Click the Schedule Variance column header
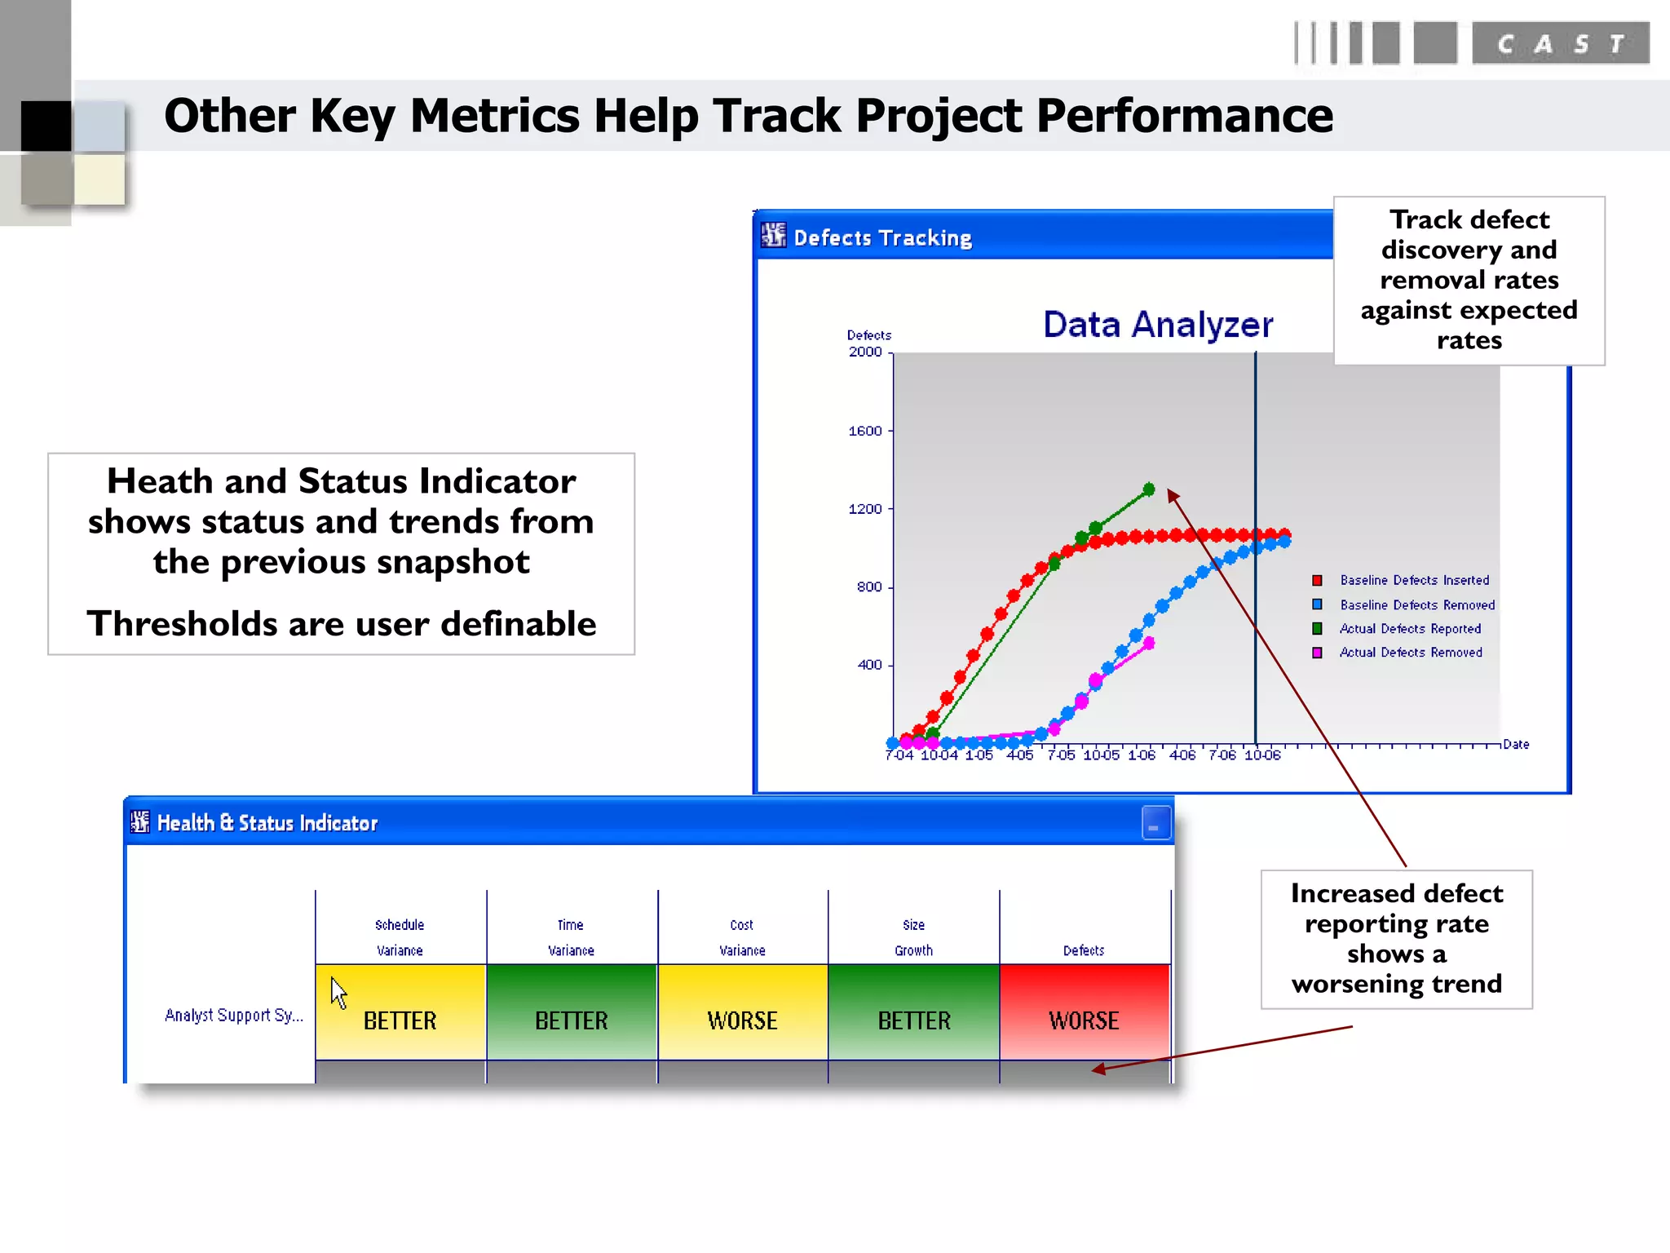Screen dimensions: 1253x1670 click(400, 937)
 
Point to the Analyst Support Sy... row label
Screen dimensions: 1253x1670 click(233, 1015)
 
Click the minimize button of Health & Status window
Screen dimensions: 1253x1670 click(1155, 823)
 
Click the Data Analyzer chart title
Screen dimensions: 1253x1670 click(1157, 325)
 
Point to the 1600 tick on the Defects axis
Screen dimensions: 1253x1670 click(865, 431)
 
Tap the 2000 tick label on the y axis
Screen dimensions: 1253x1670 click(865, 352)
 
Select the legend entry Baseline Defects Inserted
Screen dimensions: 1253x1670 click(1414, 580)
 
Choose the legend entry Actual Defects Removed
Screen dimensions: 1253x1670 click(1410, 653)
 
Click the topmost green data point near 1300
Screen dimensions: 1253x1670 click(1149, 489)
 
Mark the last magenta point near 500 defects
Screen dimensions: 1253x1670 click(1149, 643)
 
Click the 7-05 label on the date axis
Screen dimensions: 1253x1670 click(1060, 755)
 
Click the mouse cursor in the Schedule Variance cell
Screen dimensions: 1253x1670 click(338, 991)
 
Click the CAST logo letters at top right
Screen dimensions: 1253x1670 click(1560, 44)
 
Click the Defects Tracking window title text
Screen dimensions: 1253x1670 click(882, 238)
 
